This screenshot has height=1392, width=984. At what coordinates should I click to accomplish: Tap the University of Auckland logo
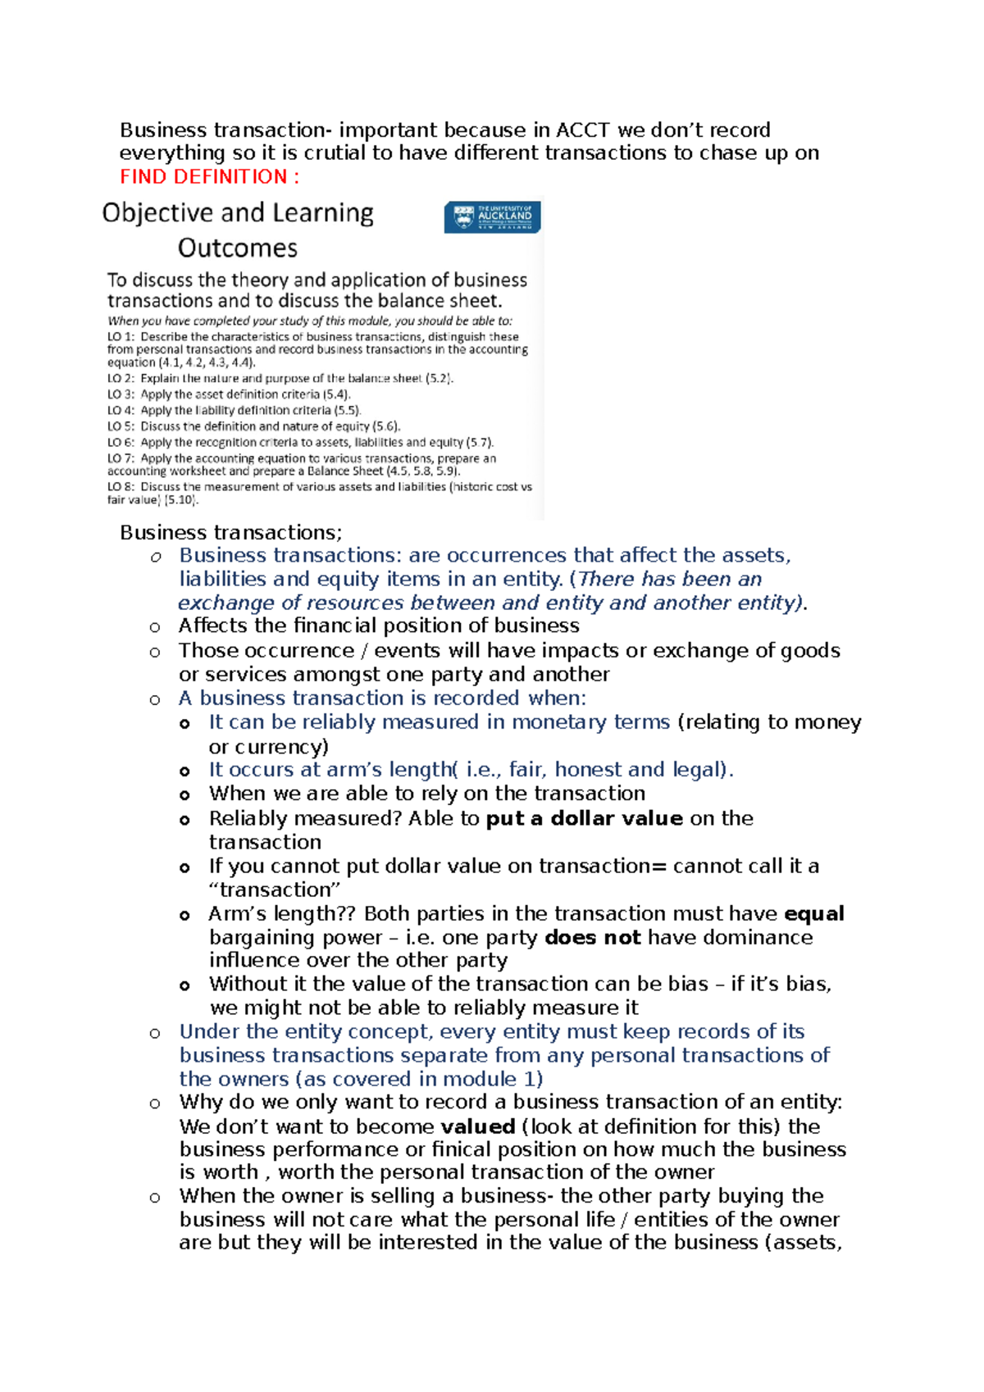492,217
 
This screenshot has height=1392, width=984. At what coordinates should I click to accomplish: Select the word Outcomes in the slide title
237,248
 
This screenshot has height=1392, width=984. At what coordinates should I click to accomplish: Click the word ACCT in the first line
582,130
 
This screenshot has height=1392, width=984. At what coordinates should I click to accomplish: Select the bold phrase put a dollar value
584,819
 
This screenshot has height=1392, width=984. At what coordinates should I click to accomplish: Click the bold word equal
813,914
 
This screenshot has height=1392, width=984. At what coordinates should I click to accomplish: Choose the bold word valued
477,1127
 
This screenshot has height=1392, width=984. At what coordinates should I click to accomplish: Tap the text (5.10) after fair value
181,500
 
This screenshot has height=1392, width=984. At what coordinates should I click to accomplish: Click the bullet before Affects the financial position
155,628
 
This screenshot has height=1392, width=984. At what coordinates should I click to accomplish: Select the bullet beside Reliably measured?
184,820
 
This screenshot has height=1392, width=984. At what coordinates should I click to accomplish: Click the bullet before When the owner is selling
155,1198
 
